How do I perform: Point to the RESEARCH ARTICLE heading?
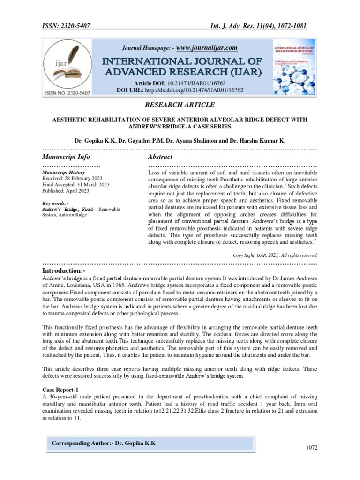180,104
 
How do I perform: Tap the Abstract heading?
160,157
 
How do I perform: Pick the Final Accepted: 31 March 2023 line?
76,185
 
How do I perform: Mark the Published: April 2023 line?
66,191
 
